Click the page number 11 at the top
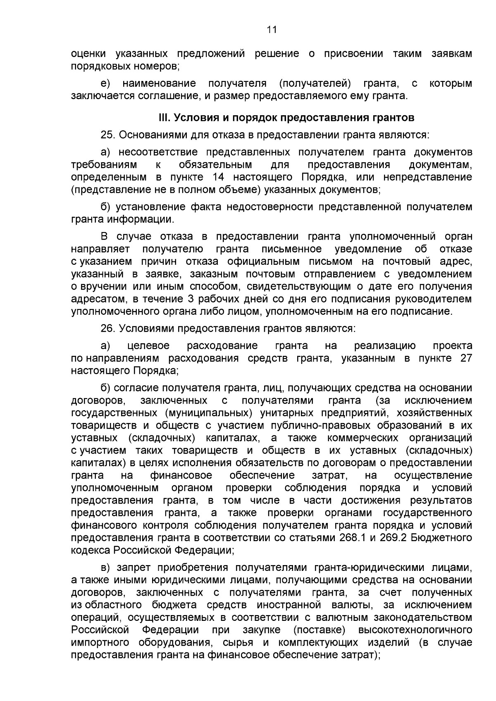click(x=272, y=29)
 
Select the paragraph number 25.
click(x=107, y=135)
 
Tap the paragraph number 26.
click(x=107, y=329)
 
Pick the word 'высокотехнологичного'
click(x=415, y=630)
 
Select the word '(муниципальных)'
click(x=209, y=413)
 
